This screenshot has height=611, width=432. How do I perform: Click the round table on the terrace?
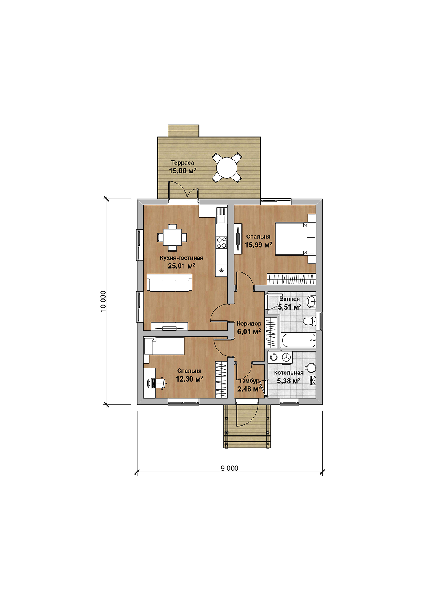click(227, 168)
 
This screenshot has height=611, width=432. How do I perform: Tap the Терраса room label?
click(182, 163)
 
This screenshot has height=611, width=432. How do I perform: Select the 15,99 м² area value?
click(258, 245)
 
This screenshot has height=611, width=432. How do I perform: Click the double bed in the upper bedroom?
click(295, 239)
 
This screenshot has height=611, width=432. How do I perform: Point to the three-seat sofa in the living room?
click(169, 283)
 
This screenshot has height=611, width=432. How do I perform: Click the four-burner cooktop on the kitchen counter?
click(221, 243)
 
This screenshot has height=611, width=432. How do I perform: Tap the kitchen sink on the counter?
click(221, 216)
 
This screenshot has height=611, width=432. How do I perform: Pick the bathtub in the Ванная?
click(299, 340)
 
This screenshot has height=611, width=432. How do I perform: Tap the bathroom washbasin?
click(311, 301)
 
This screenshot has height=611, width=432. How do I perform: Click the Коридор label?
click(249, 323)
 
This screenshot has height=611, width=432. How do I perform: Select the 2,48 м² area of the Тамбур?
click(249, 389)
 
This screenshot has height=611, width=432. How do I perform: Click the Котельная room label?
click(288, 373)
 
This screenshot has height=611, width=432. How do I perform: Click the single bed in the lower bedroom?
click(164, 346)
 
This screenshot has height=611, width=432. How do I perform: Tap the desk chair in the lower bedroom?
click(161, 383)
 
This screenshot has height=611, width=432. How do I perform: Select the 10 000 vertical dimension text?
click(103, 301)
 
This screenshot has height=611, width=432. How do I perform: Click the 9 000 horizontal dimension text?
click(229, 468)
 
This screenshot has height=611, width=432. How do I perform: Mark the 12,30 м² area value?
click(189, 379)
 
